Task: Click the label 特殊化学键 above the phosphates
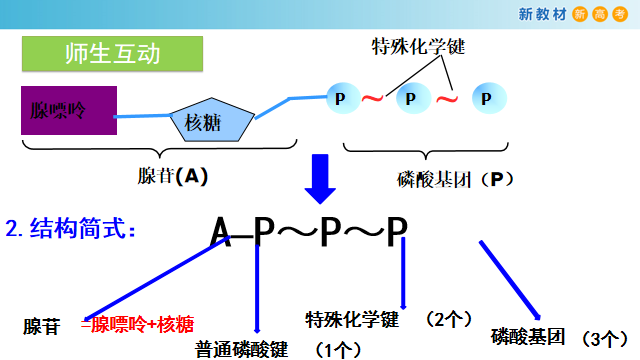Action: (418, 46)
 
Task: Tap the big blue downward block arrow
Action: (321, 178)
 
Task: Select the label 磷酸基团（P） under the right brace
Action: (455, 179)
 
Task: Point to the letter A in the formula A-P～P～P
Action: (221, 231)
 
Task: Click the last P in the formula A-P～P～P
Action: (397, 231)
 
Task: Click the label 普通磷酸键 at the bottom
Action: (242, 349)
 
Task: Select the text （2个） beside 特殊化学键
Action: (447, 319)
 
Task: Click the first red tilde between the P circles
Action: (372, 99)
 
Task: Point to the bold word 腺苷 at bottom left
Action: (42, 326)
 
